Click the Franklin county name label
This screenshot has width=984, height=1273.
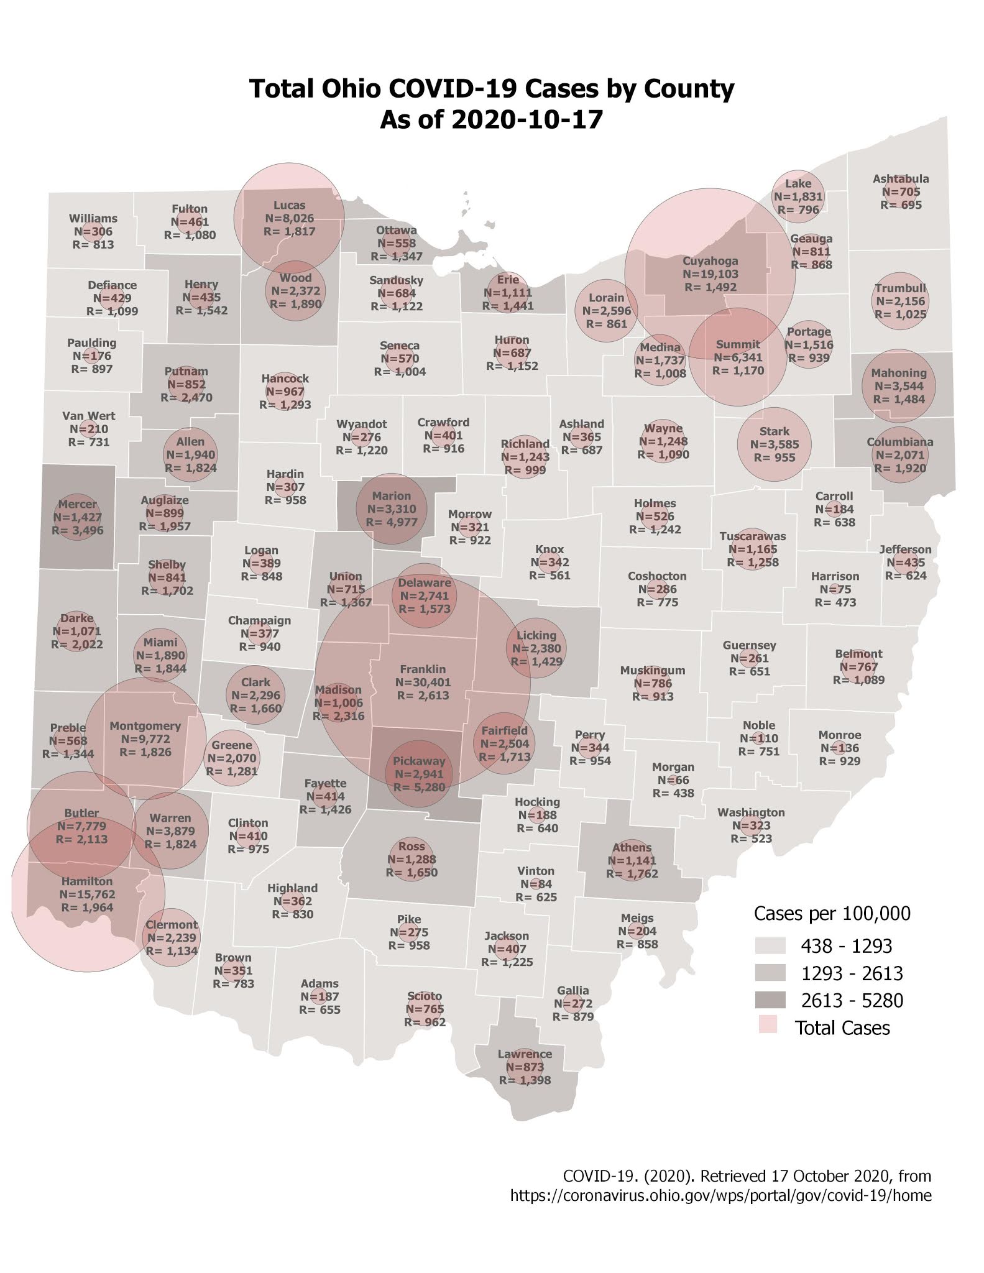(423, 669)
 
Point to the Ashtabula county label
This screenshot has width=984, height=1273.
(901, 179)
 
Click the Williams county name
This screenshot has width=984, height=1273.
(93, 219)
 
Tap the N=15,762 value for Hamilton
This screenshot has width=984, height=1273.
(87, 894)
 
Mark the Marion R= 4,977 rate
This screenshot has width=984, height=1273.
(392, 522)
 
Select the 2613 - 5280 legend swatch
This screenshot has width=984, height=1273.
(770, 1000)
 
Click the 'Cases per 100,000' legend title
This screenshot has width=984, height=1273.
(832, 913)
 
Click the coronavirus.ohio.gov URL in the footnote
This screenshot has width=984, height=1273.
(720, 1195)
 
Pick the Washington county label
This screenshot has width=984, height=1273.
(751, 812)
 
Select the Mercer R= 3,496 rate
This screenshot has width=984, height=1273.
(77, 530)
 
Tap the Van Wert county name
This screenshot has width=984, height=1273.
(89, 416)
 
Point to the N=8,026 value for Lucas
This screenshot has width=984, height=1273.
(289, 218)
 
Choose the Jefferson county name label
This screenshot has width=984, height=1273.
(905, 549)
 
